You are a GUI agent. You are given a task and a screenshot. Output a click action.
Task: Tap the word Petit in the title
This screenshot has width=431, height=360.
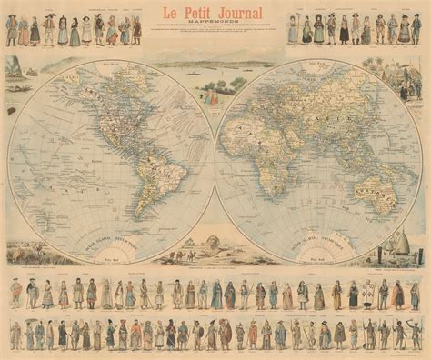(x=201, y=13)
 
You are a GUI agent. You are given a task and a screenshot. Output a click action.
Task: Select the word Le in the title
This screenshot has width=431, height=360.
(x=172, y=13)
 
